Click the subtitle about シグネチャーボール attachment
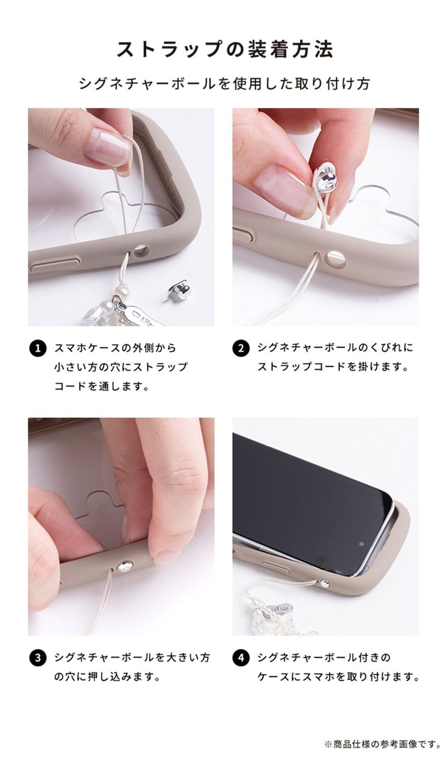(x=224, y=84)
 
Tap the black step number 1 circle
(x=38, y=348)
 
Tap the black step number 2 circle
(x=241, y=348)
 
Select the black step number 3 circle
(x=38, y=658)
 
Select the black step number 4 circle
(x=241, y=658)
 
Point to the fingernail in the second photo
(x=281, y=188)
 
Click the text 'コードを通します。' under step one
(x=102, y=386)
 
